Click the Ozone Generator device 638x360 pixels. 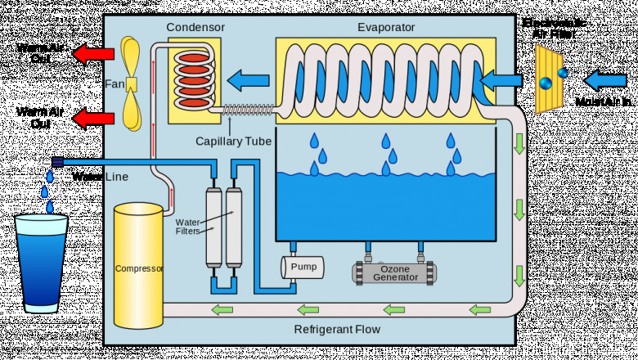point(395,272)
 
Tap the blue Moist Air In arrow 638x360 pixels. point(603,80)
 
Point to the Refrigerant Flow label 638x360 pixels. point(337,330)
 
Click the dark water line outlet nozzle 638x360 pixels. point(57,162)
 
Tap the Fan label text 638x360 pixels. point(114,83)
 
